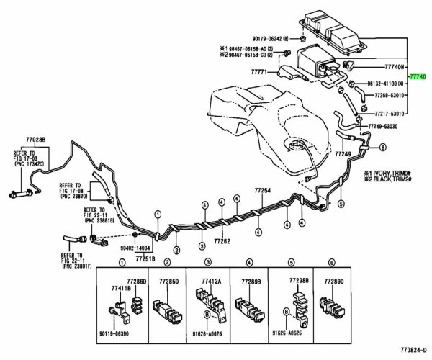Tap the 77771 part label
pyautogui.click(x=259, y=72)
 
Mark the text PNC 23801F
pyautogui.click(x=74, y=269)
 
